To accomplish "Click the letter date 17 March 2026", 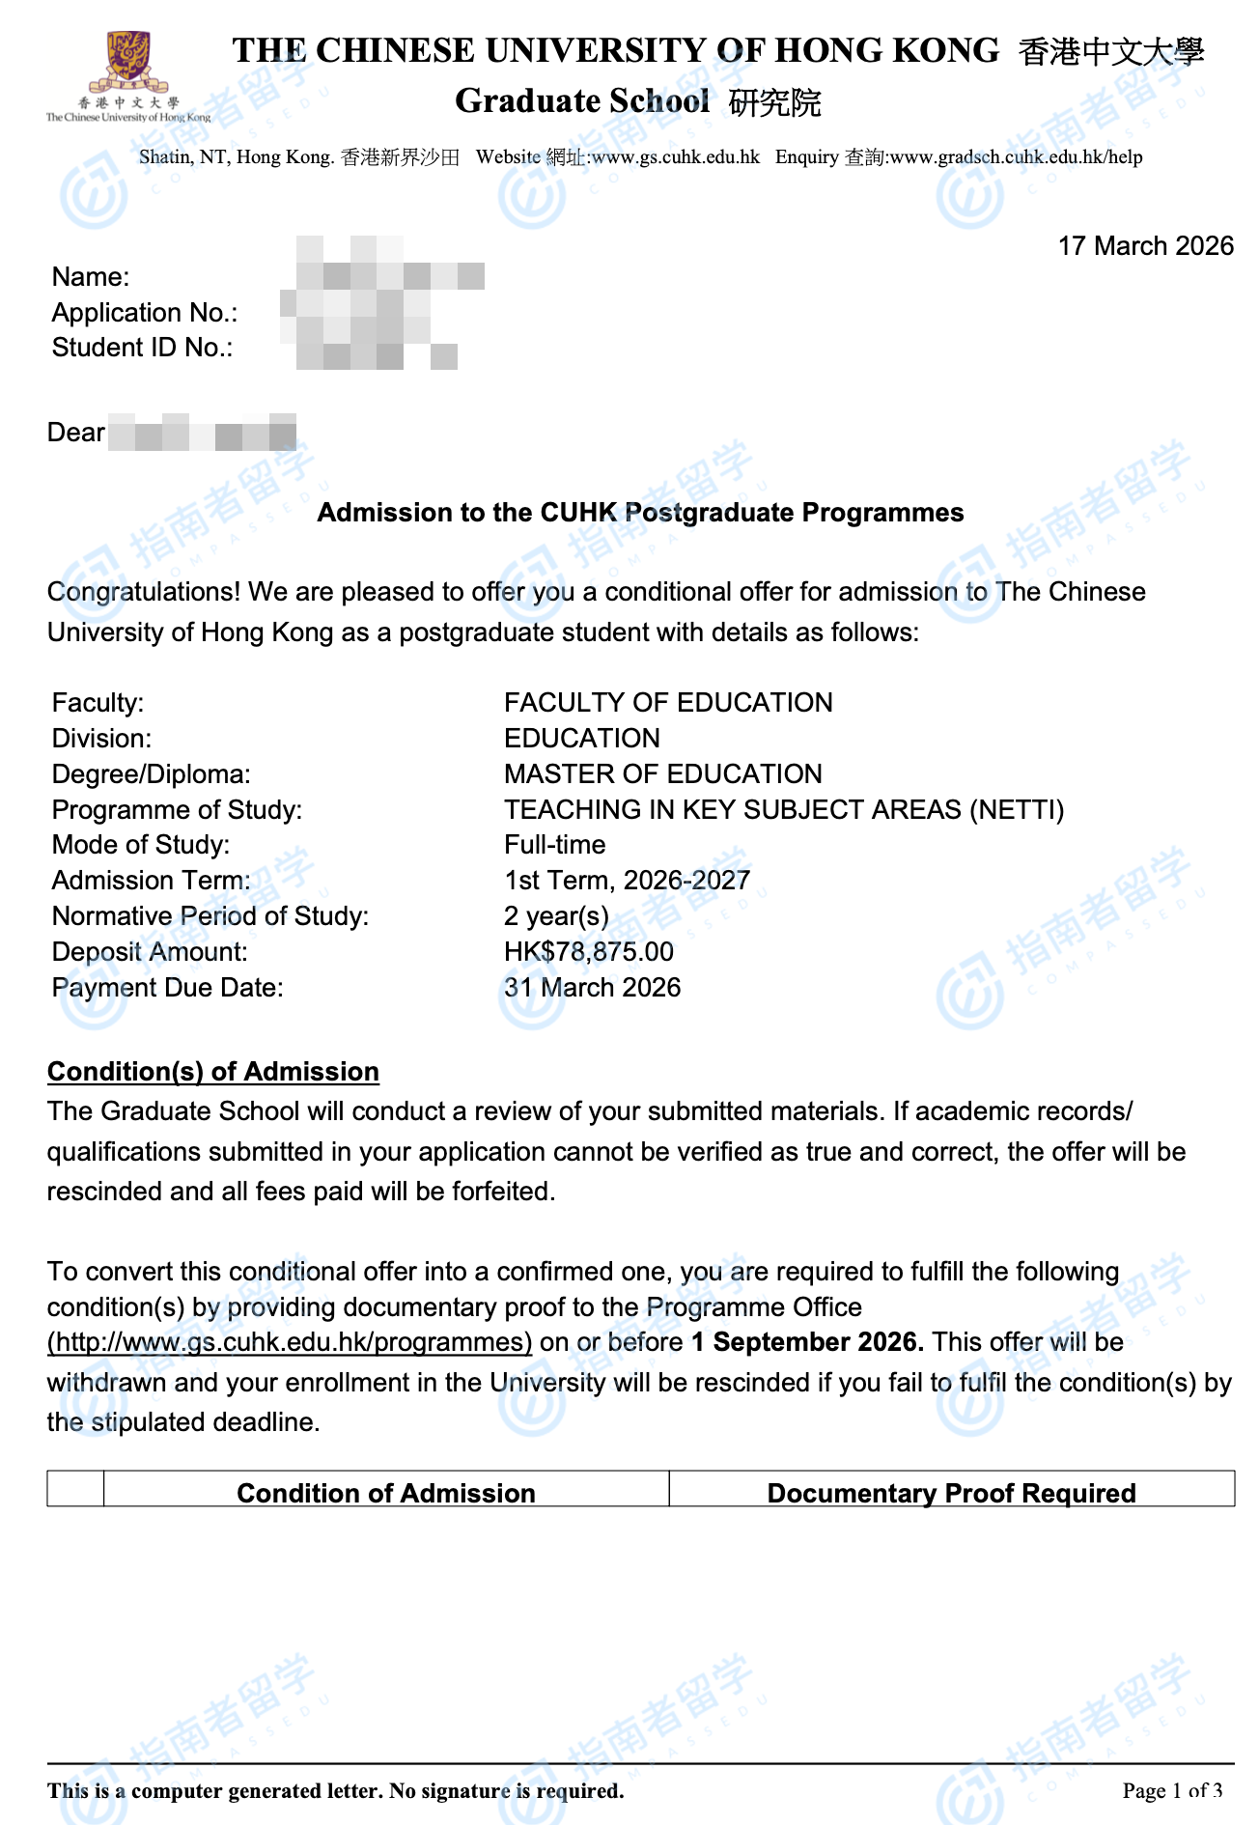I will pos(1145,246).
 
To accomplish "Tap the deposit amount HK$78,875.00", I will pos(588,952).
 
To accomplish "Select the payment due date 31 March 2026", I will pos(592,988).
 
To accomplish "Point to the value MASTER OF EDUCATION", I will pos(662,774).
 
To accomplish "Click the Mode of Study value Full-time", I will pos(554,845).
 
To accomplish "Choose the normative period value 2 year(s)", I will pos(556,916).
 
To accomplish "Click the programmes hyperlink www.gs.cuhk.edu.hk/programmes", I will pos(290,1343).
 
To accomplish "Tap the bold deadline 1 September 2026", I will pos(807,1343).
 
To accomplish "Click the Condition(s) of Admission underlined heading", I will pos(212,1072).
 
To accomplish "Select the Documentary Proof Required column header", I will pos(951,1493).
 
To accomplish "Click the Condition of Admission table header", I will pos(385,1493).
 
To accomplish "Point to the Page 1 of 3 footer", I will pos(1172,1791).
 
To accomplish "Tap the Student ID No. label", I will pos(142,348).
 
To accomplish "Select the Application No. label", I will pos(144,313).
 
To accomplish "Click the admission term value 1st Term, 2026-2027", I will pos(627,881).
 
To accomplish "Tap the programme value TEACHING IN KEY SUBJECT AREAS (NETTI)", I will pos(783,809).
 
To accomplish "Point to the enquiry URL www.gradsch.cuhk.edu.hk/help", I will pos(1016,157).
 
